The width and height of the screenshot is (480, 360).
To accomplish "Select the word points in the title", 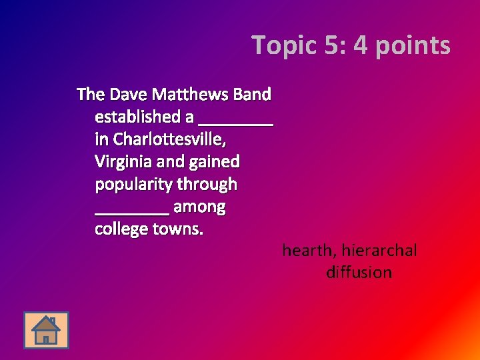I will pyautogui.click(x=412, y=45).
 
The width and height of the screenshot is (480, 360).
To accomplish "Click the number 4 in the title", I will pyautogui.click(x=361, y=45).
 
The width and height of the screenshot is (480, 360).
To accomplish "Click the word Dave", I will pyautogui.click(x=126, y=94).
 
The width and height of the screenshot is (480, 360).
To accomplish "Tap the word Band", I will pyautogui.click(x=252, y=94).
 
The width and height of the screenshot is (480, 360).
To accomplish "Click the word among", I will pyautogui.click(x=199, y=207).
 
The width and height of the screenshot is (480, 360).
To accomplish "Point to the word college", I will pyautogui.click(x=121, y=230).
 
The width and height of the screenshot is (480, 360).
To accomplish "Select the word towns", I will pyautogui.click(x=178, y=230).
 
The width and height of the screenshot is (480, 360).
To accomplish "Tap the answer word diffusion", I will pyautogui.click(x=359, y=273).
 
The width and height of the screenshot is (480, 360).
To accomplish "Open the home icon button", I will pyautogui.click(x=46, y=330).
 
